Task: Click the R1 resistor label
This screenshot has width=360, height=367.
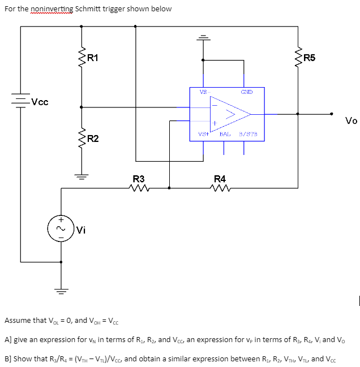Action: [x=92, y=57]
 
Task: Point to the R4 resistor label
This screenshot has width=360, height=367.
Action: [x=220, y=179]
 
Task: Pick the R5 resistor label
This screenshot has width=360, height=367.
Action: [x=310, y=57]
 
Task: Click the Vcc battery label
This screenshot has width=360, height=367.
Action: [x=40, y=102]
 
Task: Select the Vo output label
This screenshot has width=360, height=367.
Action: [x=351, y=120]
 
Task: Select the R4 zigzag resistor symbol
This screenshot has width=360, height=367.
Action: [x=220, y=189]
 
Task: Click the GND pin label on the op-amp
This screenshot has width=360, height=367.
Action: [x=246, y=92]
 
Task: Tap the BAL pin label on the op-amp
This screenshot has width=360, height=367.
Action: [x=225, y=135]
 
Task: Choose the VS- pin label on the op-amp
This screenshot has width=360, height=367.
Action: [x=204, y=92]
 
